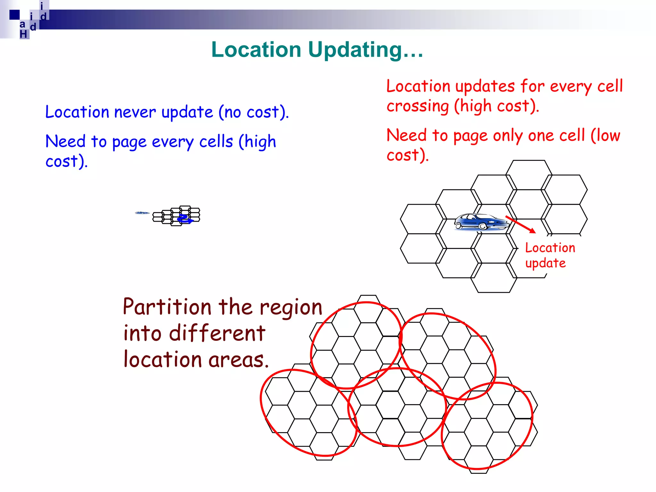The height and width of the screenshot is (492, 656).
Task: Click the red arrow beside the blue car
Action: click(x=521, y=225)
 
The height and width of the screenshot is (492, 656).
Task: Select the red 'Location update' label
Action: click(x=550, y=255)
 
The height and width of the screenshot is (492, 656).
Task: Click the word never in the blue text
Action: click(x=135, y=112)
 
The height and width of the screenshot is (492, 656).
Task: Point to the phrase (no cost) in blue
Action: click(x=253, y=112)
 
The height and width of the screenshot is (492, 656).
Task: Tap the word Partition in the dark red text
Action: click(x=167, y=307)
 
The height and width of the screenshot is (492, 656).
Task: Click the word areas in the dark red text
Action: click(x=238, y=360)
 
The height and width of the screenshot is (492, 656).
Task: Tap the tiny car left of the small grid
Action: click(x=142, y=213)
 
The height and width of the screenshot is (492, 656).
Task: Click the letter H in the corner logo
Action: click(x=23, y=34)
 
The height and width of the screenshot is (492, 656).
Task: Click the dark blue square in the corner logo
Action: click(x=14, y=15)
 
